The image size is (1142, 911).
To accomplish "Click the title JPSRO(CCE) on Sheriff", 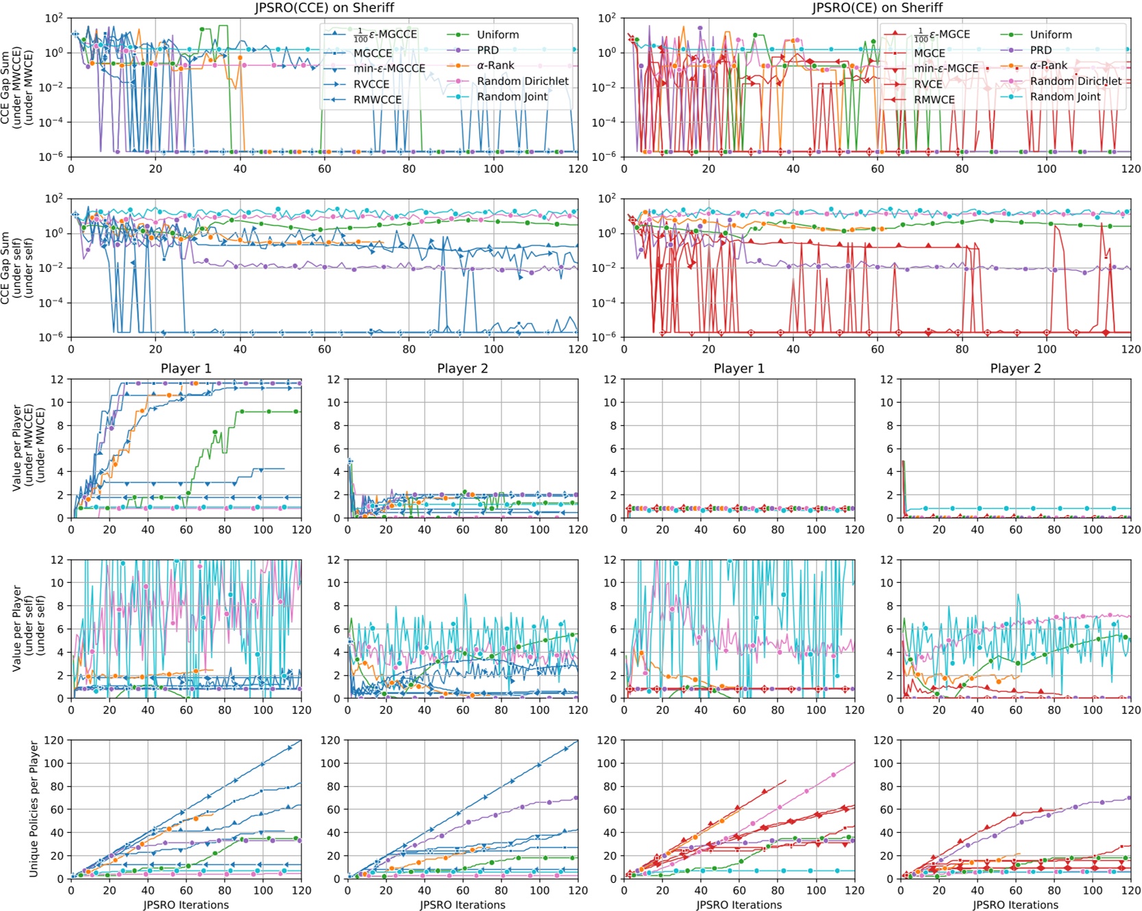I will click(324, 8).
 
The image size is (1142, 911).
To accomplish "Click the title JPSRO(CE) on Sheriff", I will click(877, 8).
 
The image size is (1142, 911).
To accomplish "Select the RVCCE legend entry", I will click(371, 84).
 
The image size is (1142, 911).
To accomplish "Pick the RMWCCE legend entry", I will click(377, 100).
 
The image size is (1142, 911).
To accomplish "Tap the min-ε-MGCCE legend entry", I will click(388, 68).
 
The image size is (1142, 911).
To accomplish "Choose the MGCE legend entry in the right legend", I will click(929, 53).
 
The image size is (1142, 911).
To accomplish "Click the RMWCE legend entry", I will click(934, 100).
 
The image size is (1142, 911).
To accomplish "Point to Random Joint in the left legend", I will click(512, 97).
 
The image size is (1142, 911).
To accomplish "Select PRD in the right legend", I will click(1041, 50).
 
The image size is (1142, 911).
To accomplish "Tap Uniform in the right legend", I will click(1050, 35).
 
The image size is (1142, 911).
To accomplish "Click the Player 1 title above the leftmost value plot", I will click(186, 369).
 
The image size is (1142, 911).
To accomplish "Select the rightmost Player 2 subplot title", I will click(1015, 369).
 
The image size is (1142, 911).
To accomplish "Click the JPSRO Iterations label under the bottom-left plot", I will click(186, 905).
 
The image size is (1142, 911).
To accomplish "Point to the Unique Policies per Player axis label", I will click(34, 809).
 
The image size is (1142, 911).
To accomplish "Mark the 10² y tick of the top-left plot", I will click(54, 18).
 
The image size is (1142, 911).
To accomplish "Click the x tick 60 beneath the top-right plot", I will click(877, 169).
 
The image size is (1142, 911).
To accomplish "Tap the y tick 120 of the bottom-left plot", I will click(53, 740).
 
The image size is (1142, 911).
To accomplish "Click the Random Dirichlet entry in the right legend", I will click(1076, 81).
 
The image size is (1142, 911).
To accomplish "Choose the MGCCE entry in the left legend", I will click(372, 53).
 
